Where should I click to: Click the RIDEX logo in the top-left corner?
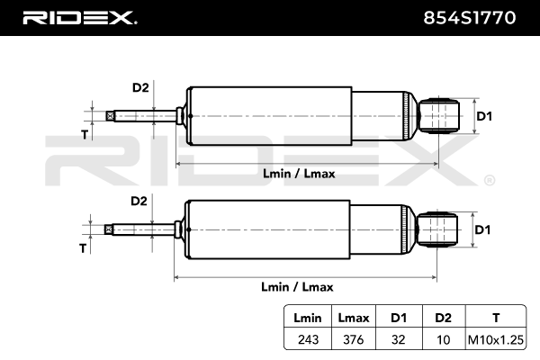[x=80, y=17]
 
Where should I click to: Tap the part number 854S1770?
[x=474, y=17]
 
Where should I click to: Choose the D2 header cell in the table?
[x=443, y=318]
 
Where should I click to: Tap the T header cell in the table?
[x=495, y=318]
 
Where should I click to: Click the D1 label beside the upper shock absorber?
[x=483, y=115]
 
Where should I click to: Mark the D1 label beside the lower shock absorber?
[x=483, y=229]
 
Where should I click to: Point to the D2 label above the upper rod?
[x=139, y=87]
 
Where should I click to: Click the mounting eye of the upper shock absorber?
[x=440, y=115]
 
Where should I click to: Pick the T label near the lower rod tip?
[x=83, y=247]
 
